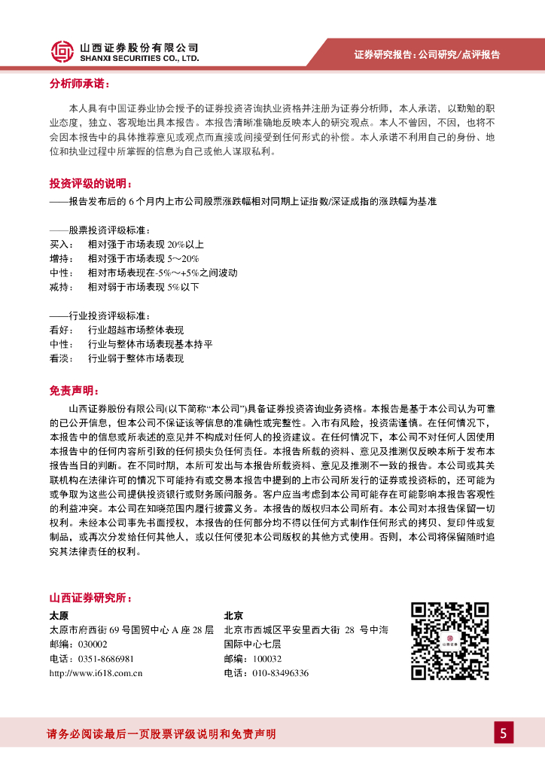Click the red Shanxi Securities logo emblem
point(62,51)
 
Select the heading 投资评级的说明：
point(90,184)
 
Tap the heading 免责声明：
point(74,391)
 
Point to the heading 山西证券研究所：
point(90,599)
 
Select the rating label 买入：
point(62,245)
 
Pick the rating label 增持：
point(62,259)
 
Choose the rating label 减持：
point(62,287)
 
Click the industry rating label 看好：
point(62,330)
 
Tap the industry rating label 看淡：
point(62,358)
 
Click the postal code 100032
point(266,659)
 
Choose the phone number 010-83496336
point(280,673)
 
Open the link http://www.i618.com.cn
point(96,673)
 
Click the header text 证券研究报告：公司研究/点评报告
point(427,54)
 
